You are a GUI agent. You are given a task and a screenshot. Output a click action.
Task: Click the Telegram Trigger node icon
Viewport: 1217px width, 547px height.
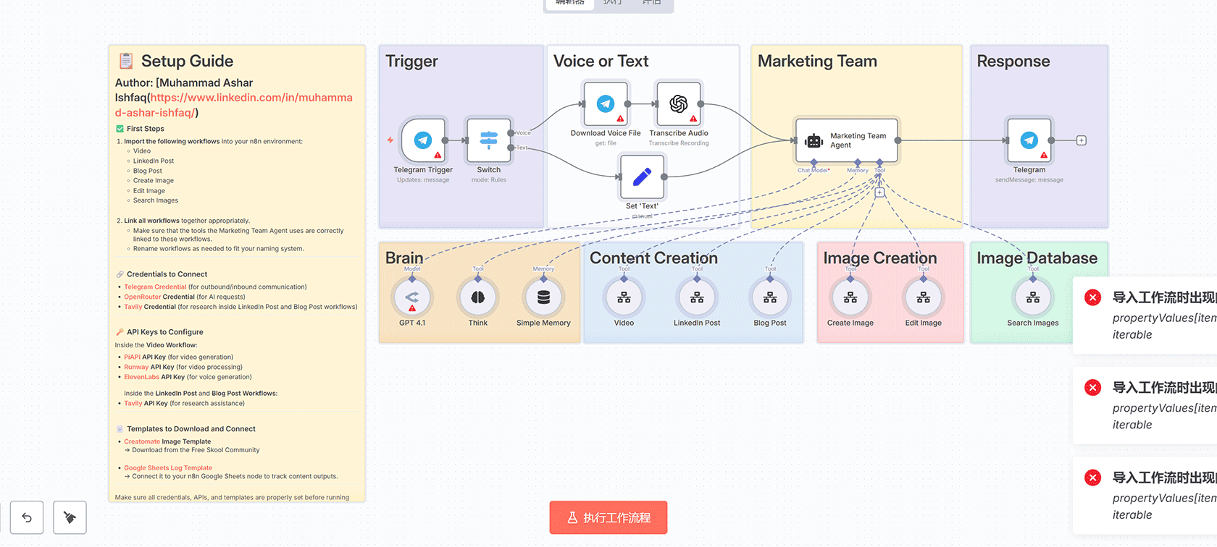(x=423, y=140)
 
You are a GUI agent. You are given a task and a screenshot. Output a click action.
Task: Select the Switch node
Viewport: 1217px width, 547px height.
(x=489, y=140)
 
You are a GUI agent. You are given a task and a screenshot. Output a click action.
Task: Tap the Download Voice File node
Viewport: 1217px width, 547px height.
(x=606, y=104)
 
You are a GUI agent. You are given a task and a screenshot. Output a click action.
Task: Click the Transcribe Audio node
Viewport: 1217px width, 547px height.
(x=679, y=104)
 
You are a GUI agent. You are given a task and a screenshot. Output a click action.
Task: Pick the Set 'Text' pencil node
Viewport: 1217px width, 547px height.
(x=642, y=177)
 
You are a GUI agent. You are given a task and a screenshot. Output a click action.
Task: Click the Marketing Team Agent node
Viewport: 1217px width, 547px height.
(x=847, y=140)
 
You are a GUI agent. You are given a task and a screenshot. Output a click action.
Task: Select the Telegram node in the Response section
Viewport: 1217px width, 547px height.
(x=1029, y=140)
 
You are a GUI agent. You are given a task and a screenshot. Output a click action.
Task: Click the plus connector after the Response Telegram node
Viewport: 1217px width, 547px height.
(x=1082, y=140)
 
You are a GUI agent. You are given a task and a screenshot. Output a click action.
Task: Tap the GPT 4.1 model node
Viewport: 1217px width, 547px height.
(x=412, y=297)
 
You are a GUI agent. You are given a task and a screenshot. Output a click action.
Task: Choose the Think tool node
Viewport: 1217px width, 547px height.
(x=478, y=297)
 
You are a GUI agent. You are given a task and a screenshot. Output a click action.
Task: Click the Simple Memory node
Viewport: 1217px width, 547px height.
(x=543, y=297)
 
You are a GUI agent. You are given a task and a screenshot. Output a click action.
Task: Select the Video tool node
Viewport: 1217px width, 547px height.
(x=624, y=297)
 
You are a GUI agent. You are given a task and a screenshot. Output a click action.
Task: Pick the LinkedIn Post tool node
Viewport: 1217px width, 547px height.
(x=697, y=297)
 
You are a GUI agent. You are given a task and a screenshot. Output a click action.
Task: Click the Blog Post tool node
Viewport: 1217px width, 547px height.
(x=770, y=297)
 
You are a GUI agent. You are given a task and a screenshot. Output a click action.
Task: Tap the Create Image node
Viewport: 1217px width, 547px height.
(x=850, y=297)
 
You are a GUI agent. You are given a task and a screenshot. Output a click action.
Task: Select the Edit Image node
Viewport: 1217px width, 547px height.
(x=924, y=297)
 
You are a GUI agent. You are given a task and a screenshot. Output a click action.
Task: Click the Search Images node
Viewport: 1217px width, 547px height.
(x=1033, y=297)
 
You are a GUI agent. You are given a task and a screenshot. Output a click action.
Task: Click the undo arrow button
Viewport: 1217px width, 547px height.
(x=27, y=517)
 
